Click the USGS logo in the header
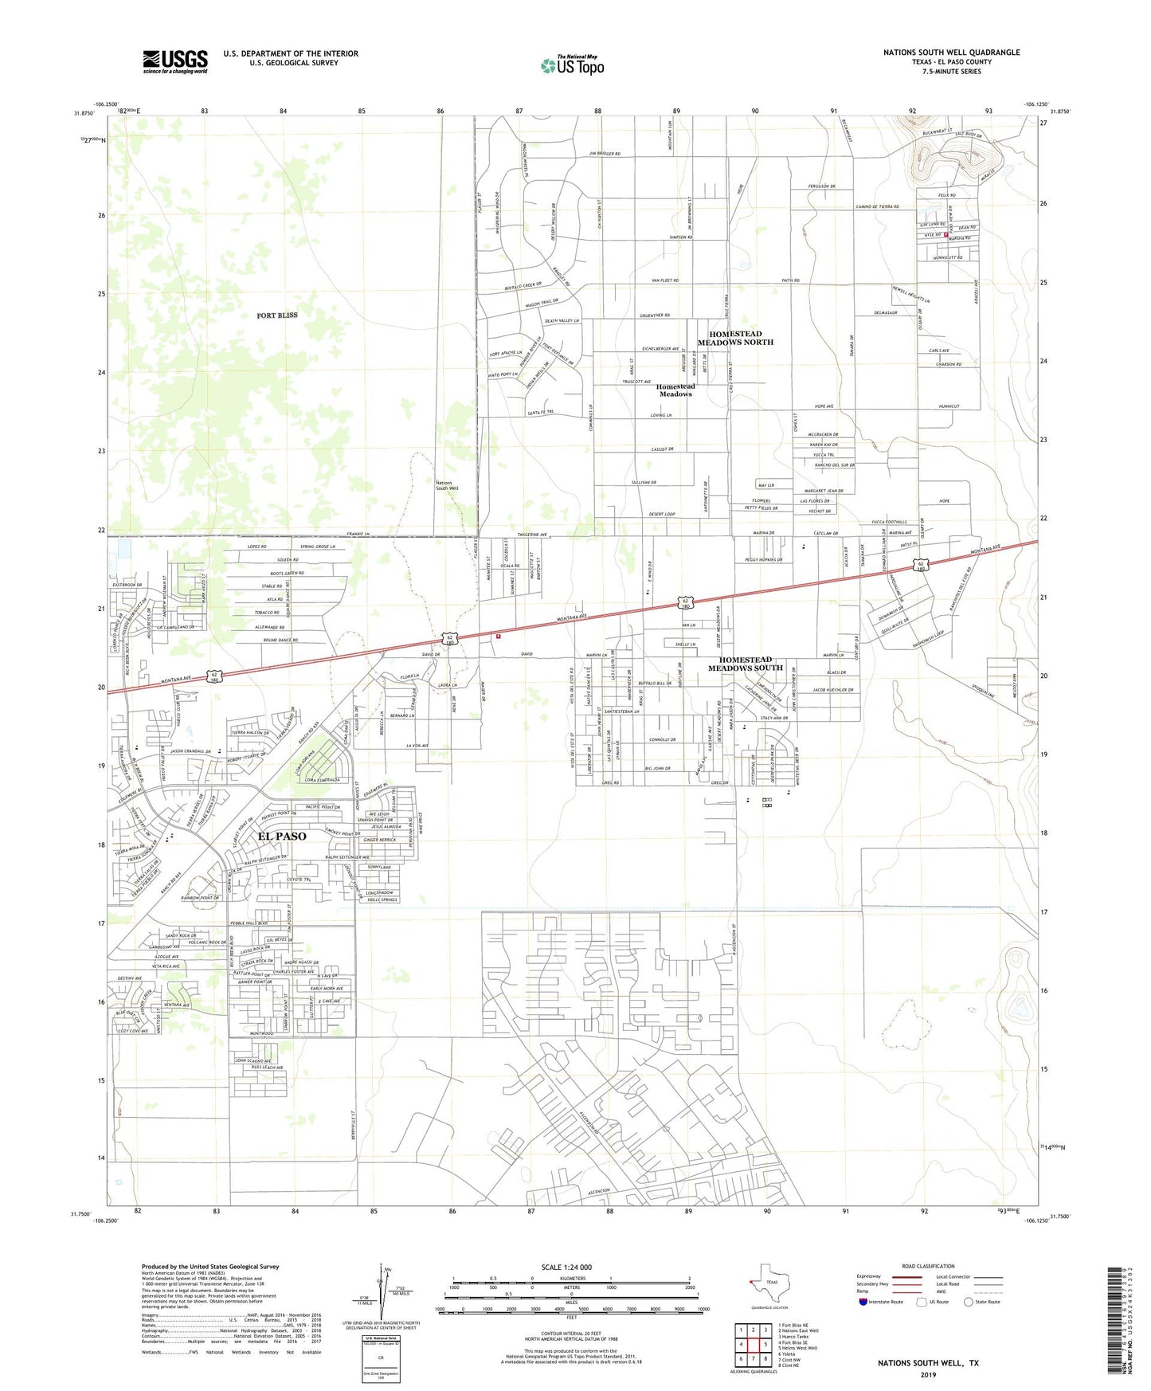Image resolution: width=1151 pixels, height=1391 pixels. click(175, 61)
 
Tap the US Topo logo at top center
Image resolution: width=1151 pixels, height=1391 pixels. click(571, 65)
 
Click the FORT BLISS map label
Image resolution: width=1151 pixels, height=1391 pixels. click(277, 315)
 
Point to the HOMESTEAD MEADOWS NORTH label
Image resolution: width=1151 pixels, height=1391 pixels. click(736, 338)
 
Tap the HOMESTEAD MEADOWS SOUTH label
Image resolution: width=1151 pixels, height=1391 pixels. click(746, 664)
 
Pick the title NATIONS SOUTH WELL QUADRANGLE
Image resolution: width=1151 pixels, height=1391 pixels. click(951, 53)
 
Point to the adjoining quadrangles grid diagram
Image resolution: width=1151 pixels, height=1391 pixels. click(753, 1344)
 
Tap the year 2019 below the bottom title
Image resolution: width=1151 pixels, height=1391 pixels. click(928, 1375)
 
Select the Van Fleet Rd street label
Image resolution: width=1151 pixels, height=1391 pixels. click(665, 280)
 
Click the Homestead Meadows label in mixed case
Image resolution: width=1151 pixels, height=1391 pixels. click(675, 390)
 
